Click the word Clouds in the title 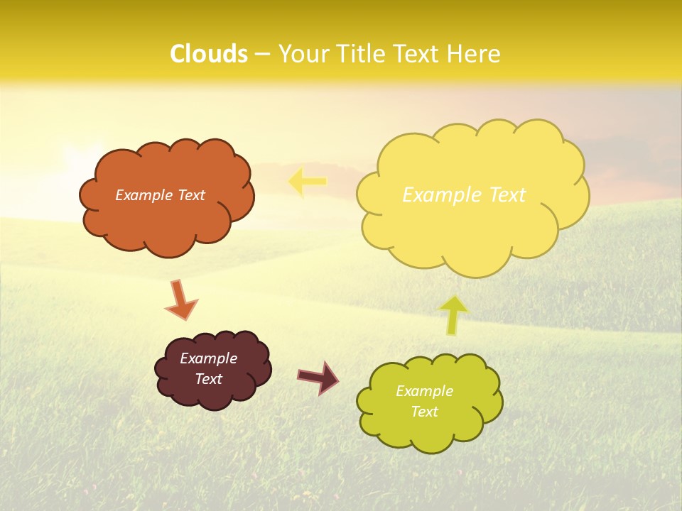pos(209,54)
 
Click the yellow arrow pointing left pos(308,182)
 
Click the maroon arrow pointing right pos(318,377)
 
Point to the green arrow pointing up pos(453,314)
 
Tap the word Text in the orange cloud pos(191,195)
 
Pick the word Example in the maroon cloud pos(209,358)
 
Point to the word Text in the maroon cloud pos(209,379)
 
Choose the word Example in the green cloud pos(424,391)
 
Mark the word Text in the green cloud pos(424,412)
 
